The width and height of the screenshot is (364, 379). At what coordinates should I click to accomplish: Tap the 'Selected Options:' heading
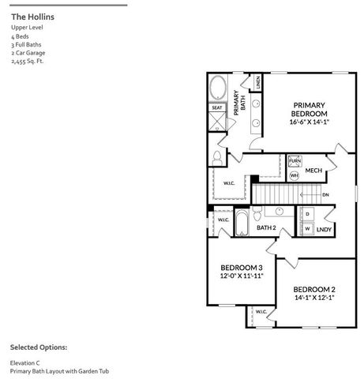pos(39,347)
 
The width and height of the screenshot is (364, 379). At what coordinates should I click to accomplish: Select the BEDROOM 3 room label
pos(242,268)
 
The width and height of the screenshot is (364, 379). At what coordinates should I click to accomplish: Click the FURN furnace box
pos(295,160)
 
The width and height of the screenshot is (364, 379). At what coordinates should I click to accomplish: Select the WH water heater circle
pos(294,175)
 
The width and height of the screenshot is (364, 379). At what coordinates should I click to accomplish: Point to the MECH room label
pos(313,171)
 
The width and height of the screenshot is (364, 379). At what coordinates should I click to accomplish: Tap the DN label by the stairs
pos(326,194)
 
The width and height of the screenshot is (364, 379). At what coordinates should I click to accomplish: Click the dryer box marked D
pos(307,214)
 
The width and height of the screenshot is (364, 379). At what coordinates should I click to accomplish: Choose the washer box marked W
pos(307,229)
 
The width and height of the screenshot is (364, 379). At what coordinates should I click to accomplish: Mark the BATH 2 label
pos(266,227)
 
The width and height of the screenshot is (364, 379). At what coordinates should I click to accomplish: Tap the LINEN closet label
pos(258,81)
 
